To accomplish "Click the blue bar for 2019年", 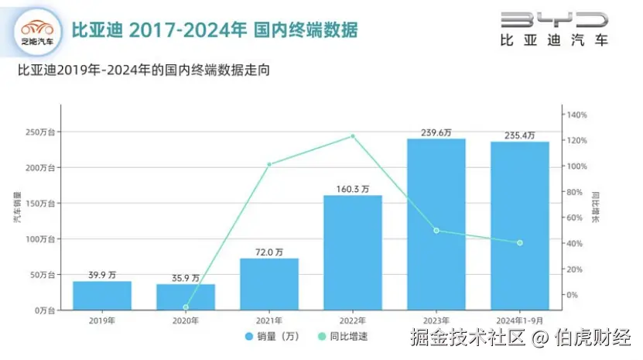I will (x=102, y=295).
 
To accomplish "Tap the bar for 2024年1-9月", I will (x=519, y=225).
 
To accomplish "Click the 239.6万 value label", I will (x=436, y=132).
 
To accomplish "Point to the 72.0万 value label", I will (x=269, y=252).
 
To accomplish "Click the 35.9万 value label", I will (x=185, y=277).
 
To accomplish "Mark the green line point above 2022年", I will (x=353, y=136).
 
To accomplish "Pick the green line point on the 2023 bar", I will (x=436, y=231).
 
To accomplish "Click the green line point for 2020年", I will (x=186, y=307).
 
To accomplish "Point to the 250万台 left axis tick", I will (x=40, y=132).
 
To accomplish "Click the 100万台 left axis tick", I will (x=40, y=239).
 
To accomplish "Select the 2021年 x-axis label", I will (x=269, y=320).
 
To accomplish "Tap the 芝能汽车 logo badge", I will (x=37, y=33).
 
